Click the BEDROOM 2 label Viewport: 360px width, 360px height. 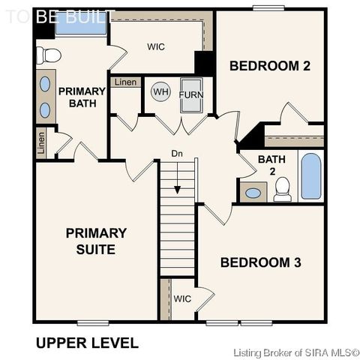[x=270, y=66]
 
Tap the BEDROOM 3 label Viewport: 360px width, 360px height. [x=261, y=262]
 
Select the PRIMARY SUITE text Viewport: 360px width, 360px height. [x=96, y=241]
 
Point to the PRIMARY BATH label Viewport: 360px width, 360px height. [x=82, y=97]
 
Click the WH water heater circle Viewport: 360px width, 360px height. [x=160, y=91]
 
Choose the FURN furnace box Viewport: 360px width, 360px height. [x=191, y=95]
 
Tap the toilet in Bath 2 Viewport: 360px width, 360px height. [x=283, y=189]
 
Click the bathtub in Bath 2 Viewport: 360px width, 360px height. [x=311, y=176]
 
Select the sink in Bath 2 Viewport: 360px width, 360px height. [x=253, y=193]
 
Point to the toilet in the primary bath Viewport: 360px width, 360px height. [x=49, y=55]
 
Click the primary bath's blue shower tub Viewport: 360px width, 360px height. [x=80, y=25]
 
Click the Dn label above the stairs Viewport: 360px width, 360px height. [x=177, y=154]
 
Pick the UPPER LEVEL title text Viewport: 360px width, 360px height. [x=87, y=343]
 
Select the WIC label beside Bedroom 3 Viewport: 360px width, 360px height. [x=182, y=298]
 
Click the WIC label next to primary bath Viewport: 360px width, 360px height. [x=156, y=46]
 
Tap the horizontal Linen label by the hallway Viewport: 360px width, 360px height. [x=125, y=82]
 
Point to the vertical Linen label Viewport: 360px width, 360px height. [x=41, y=143]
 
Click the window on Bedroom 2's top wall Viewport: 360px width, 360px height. [x=268, y=8]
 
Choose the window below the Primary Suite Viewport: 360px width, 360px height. [x=93, y=323]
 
